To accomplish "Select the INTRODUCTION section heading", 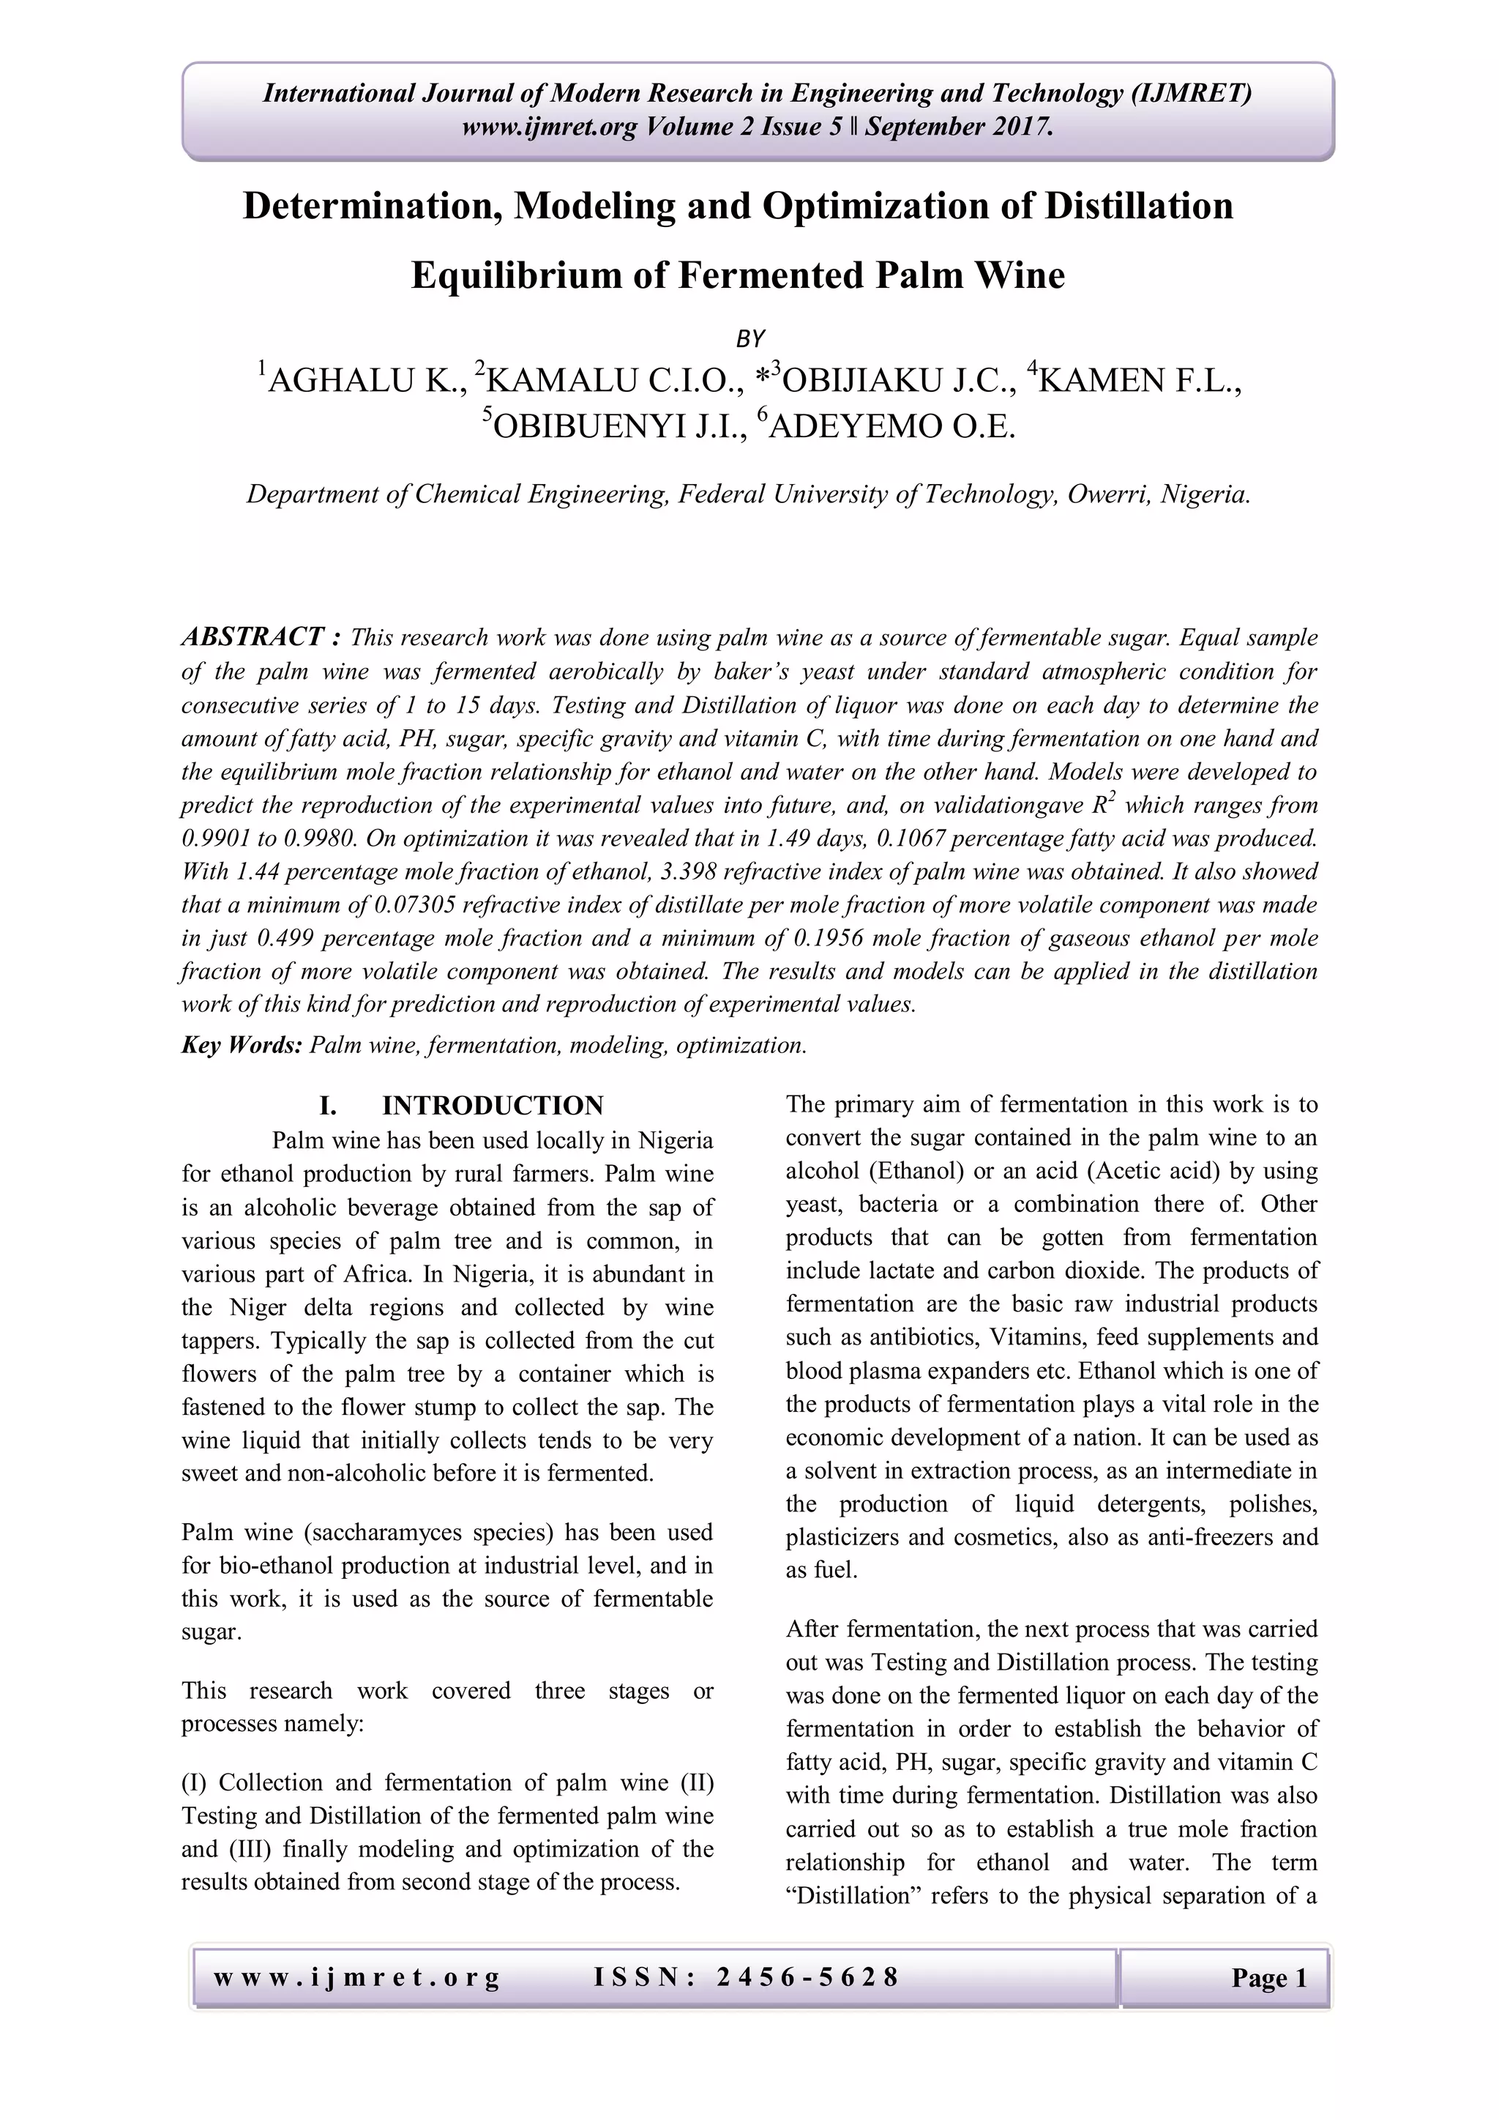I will point(492,1105).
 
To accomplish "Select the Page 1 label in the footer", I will point(1269,1979).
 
